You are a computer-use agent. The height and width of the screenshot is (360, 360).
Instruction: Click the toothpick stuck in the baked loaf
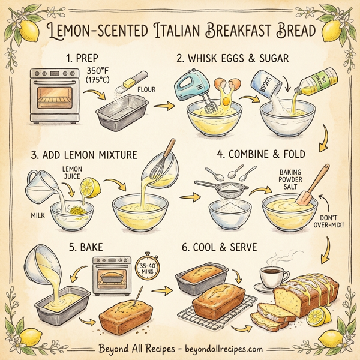pyautogui.click(x=136, y=296)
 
